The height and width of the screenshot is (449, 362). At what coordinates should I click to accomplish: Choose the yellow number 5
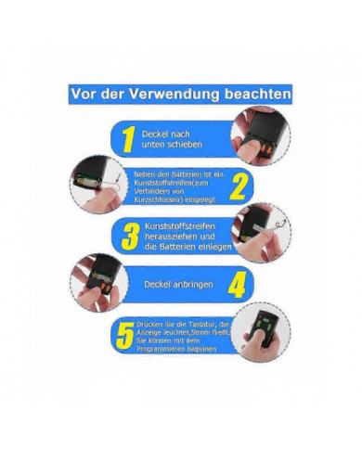point(124,335)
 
